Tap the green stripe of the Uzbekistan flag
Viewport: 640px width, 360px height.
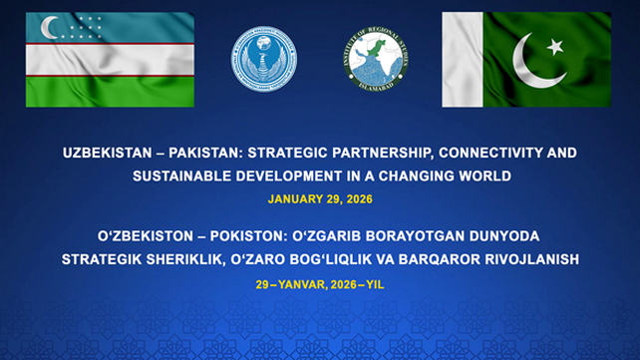pyautogui.click(x=109, y=91)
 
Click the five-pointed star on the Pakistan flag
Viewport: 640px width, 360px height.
pyautogui.click(x=555, y=46)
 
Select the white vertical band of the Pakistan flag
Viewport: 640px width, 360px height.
pyautogui.click(x=462, y=59)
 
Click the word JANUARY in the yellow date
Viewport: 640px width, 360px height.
pyautogui.click(x=290, y=198)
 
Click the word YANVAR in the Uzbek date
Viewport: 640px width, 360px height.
pyautogui.click(x=301, y=282)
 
